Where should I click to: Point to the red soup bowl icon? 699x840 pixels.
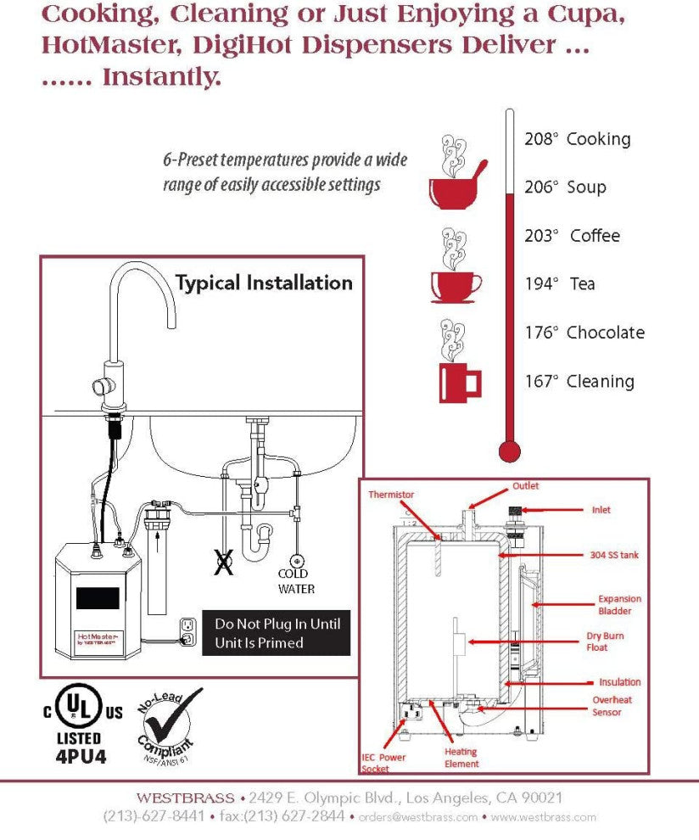tap(456, 190)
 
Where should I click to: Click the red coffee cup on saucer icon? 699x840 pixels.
tap(456, 286)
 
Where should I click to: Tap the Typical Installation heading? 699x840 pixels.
tap(263, 283)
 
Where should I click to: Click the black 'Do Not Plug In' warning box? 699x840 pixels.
tap(276, 633)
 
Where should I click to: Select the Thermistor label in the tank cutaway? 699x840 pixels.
tap(391, 494)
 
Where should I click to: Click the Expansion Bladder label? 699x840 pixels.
tap(619, 604)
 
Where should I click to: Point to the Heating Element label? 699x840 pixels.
tap(461, 757)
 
